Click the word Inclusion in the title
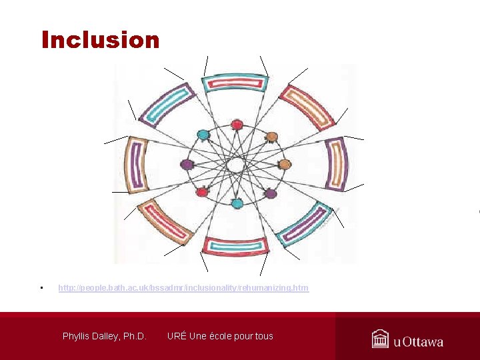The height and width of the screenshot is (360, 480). [100, 40]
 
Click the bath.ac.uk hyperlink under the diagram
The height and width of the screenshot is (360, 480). [183, 288]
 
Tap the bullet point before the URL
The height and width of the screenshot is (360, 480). [41, 288]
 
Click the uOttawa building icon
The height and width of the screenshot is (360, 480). [380, 339]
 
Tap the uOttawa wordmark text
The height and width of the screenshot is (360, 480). [418, 341]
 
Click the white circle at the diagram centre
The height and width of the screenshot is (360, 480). [235, 164]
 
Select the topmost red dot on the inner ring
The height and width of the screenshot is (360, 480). [236, 125]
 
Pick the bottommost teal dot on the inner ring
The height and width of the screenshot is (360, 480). [237, 203]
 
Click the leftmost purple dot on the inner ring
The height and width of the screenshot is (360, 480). [187, 164]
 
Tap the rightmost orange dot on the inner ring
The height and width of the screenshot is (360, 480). [285, 164]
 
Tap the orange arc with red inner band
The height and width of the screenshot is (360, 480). [306, 107]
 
